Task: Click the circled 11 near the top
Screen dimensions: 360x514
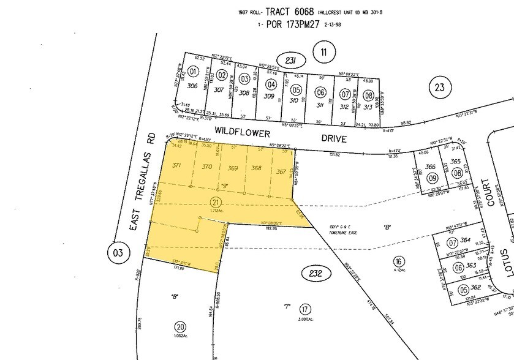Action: coord(323,51)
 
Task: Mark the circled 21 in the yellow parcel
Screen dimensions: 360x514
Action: coord(214,203)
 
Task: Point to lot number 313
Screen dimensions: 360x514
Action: coord(368,107)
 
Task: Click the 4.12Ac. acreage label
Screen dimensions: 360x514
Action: coord(401,269)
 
